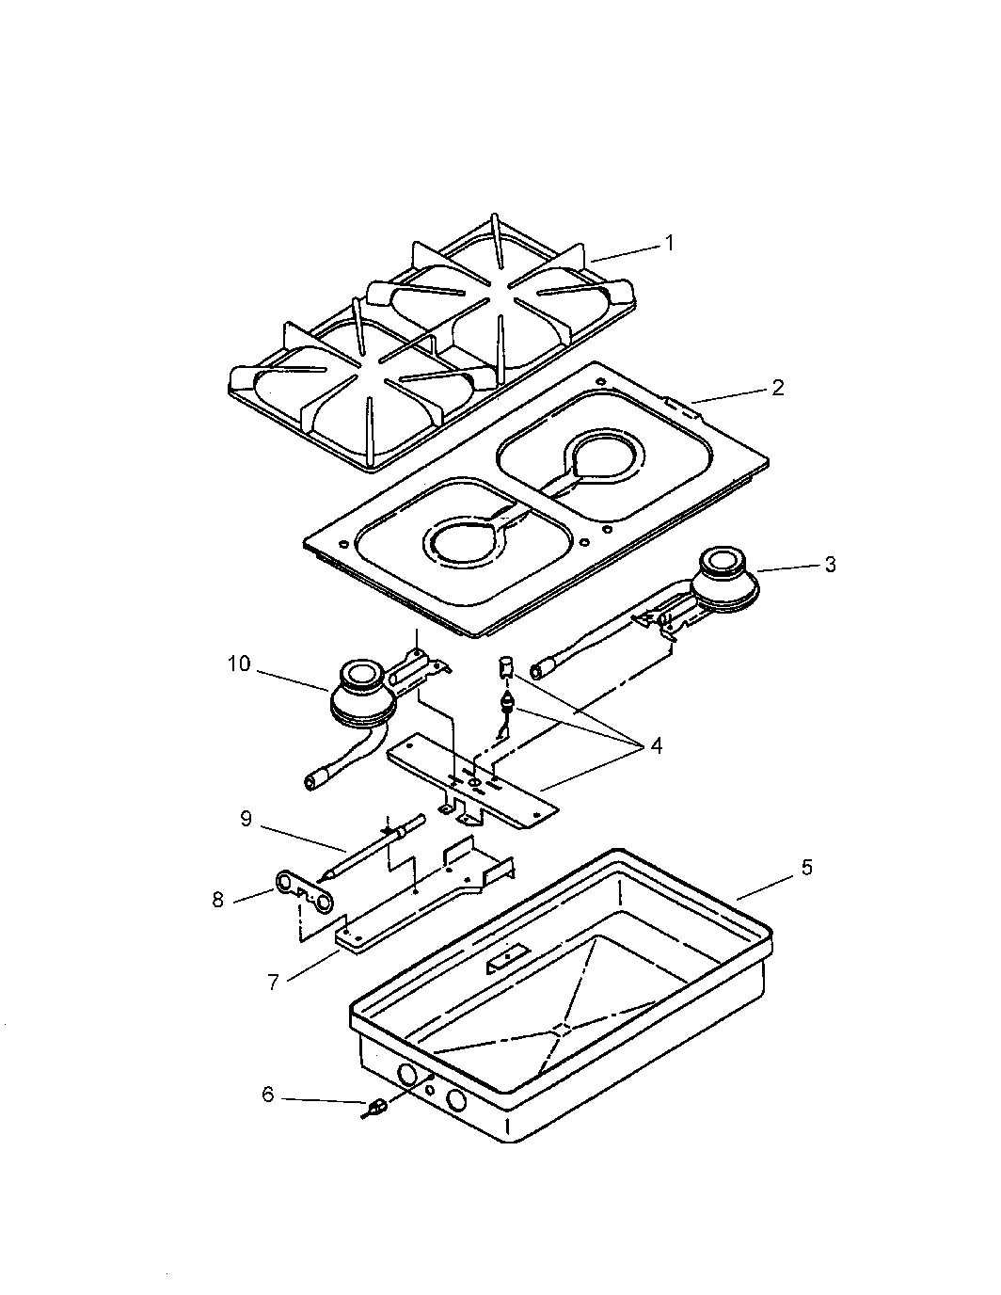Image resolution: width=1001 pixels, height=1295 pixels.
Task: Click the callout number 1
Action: coord(669,243)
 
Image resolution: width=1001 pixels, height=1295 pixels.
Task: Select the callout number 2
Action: coord(777,387)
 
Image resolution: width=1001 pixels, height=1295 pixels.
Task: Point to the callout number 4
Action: coord(656,746)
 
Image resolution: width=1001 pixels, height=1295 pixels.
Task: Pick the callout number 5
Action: coord(805,867)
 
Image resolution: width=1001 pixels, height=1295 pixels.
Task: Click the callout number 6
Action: coord(268,1095)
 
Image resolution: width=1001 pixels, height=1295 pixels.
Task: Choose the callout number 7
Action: coord(274,983)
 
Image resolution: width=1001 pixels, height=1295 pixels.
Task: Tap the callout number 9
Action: coord(246,818)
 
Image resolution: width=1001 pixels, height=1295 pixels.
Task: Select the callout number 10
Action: coord(239,664)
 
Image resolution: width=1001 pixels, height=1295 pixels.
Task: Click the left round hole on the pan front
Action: coord(407,1075)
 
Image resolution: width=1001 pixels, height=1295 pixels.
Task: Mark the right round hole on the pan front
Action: coord(456,1099)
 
